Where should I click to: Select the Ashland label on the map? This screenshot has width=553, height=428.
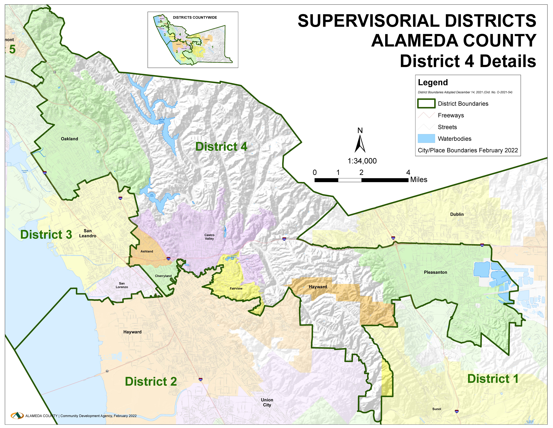[147, 251]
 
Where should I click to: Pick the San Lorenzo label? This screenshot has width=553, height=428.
[122, 285]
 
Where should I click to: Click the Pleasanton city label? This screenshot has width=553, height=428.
[435, 272]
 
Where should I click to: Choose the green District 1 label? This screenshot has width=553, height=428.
[493, 379]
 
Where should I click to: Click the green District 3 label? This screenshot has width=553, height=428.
[46, 235]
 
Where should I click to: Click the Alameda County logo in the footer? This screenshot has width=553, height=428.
[17, 416]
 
